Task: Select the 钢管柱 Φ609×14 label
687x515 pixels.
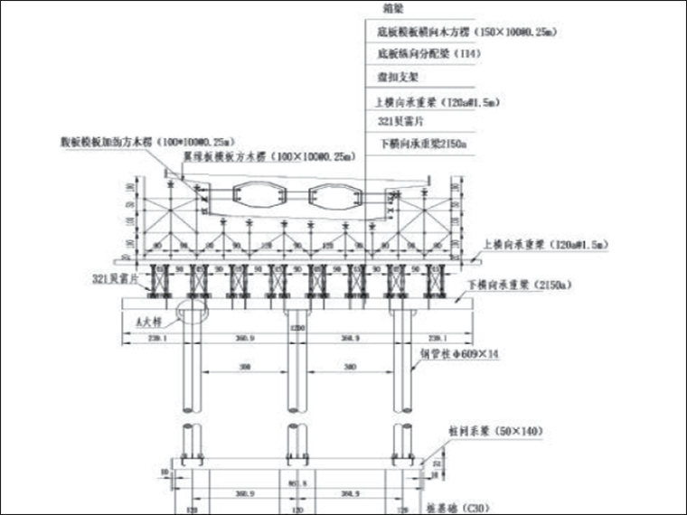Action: (x=460, y=355)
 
